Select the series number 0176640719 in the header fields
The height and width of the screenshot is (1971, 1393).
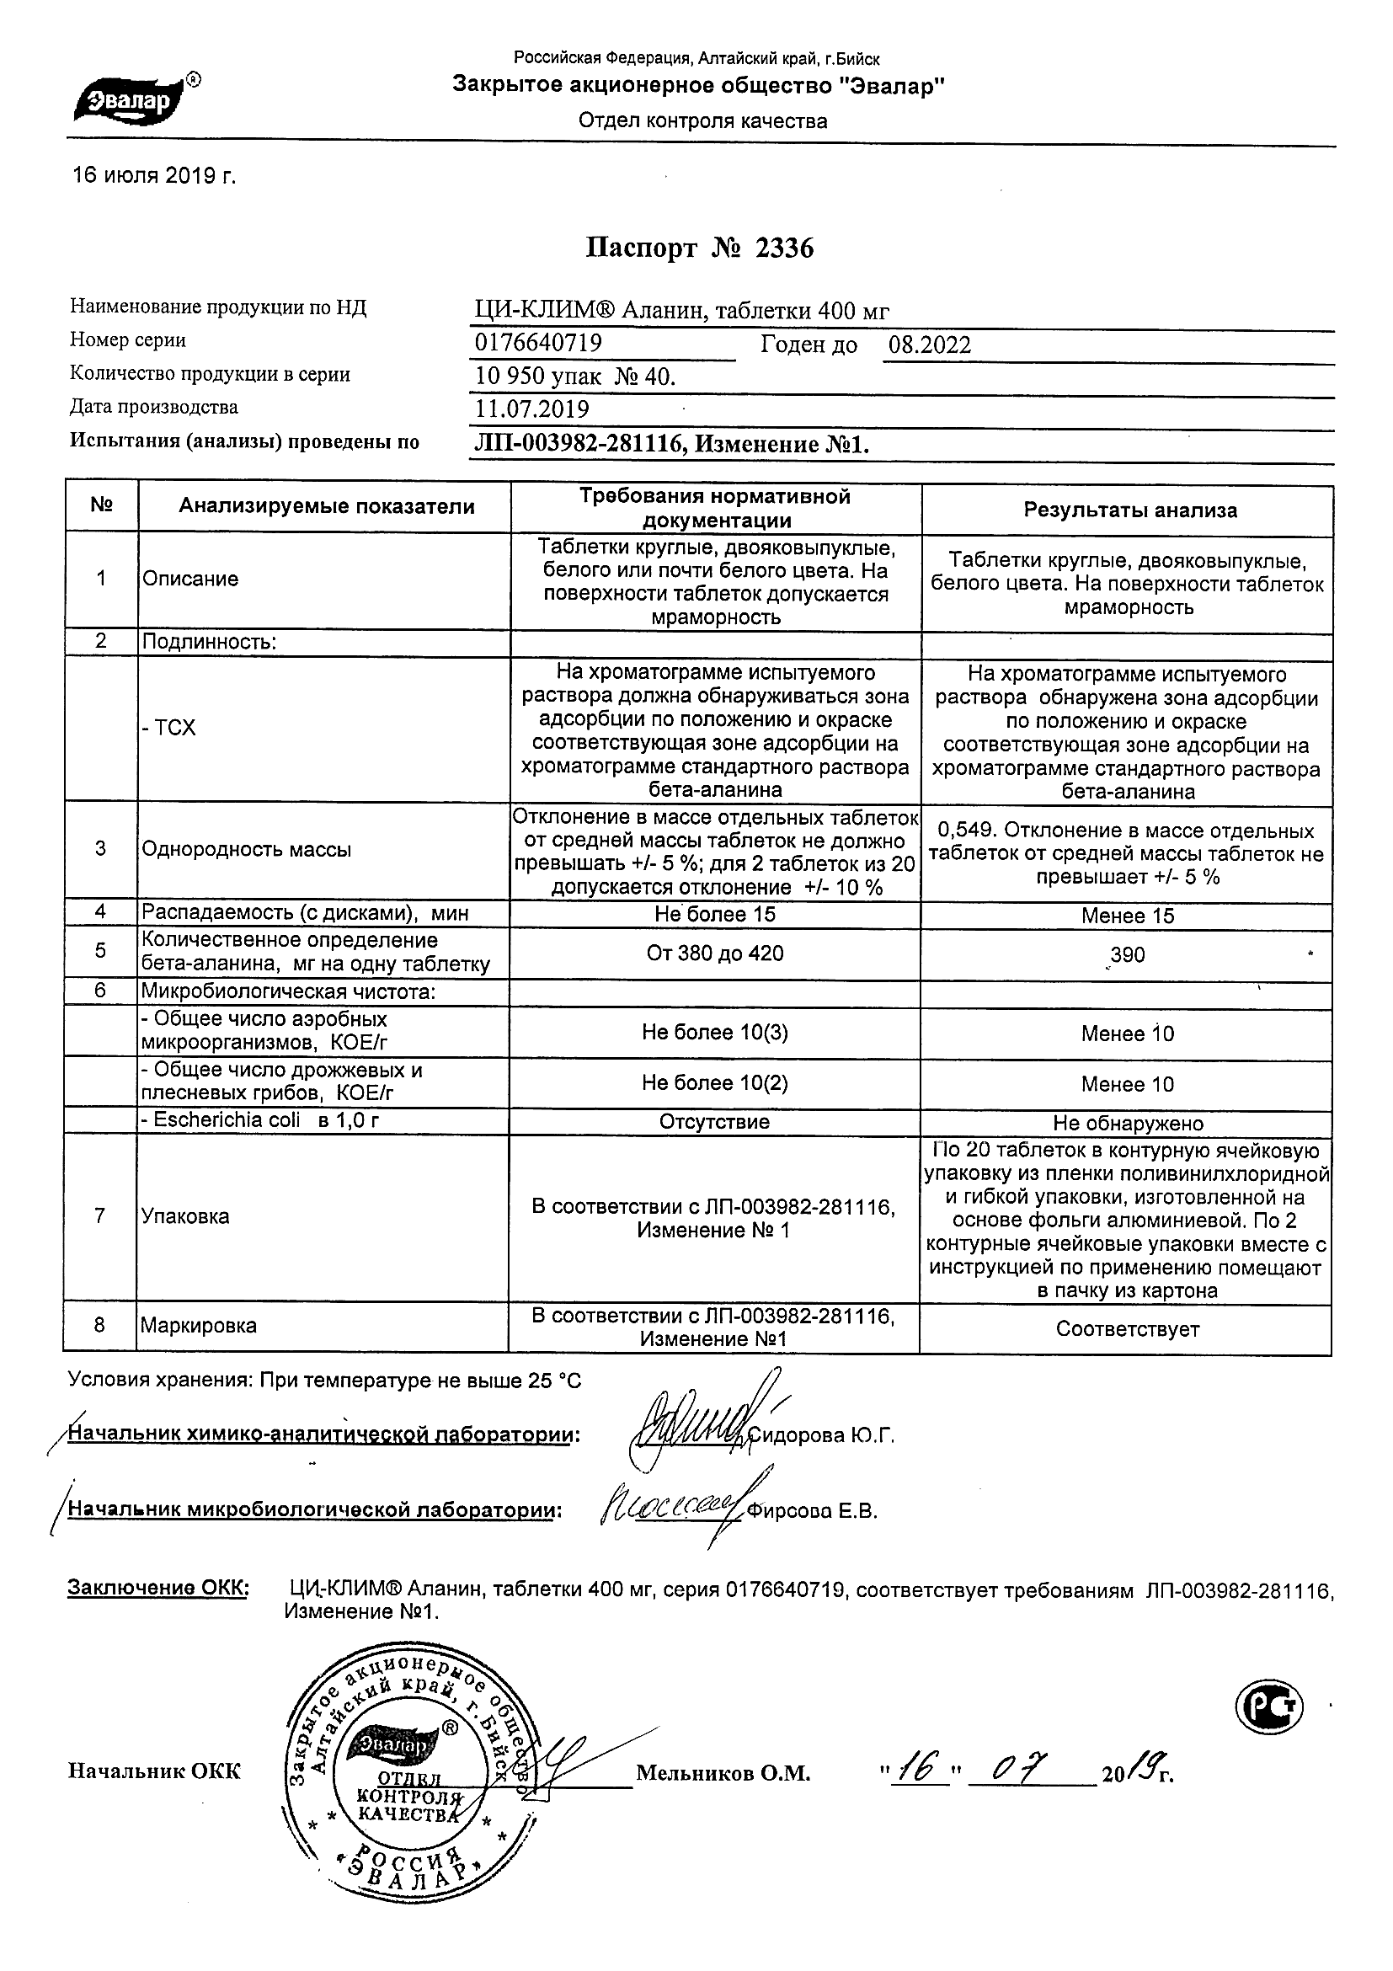tap(538, 344)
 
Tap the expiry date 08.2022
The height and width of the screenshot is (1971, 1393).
tap(930, 345)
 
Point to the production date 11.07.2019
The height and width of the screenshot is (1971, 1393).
tap(532, 409)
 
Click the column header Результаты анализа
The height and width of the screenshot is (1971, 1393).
tap(1129, 510)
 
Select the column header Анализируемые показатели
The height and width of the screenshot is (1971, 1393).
tap(326, 506)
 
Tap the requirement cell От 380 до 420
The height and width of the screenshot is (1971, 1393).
tap(715, 953)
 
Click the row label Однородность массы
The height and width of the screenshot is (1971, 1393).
tap(246, 850)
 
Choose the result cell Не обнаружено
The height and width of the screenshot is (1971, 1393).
tap(1128, 1124)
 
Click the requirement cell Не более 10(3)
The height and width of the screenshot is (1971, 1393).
tap(715, 1032)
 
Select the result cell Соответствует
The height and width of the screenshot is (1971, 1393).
tap(1127, 1330)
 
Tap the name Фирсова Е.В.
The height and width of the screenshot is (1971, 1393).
tap(812, 1512)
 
